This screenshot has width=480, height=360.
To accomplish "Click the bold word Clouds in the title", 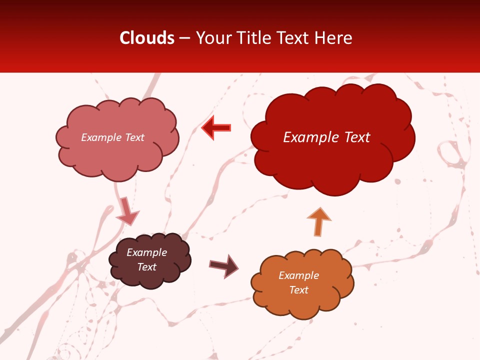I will coord(147,38).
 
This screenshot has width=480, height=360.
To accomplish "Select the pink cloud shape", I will coord(117,155).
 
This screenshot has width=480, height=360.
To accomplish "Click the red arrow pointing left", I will coord(216,127).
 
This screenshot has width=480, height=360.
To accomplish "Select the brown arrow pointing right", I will coord(224,266).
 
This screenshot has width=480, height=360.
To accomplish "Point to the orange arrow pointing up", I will coord(318,222).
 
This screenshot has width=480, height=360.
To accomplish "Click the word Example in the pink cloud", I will coord(100,137).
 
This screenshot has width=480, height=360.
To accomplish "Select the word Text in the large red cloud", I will coord(356,137).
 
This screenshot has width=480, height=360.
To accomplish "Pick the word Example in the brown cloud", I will coord(146,252).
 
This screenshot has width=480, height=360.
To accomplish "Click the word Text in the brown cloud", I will coord(146,267).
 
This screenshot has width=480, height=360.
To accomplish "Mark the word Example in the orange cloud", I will coord(298,275).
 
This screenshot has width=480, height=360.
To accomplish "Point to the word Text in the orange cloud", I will coord(298,290).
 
